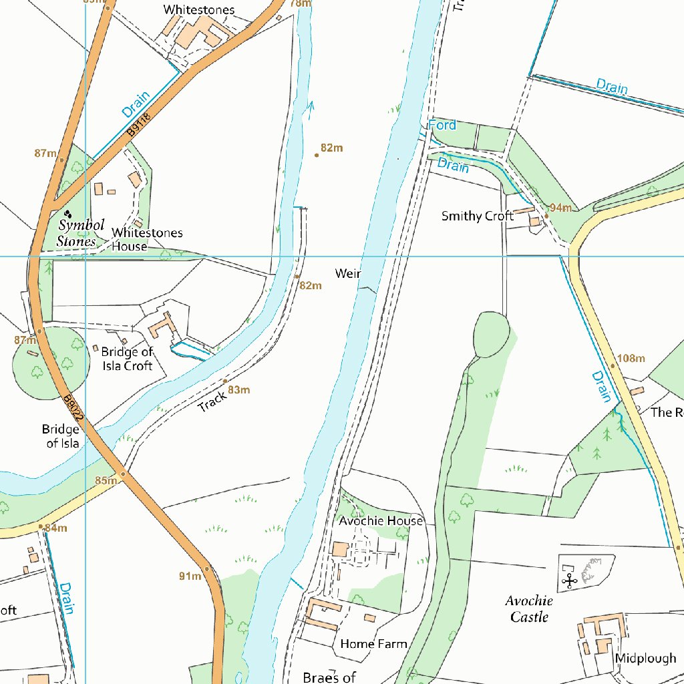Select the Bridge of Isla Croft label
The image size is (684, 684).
[127, 359]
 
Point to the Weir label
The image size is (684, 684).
[348, 274]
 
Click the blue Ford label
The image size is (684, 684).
[442, 126]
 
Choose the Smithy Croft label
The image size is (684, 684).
[477, 216]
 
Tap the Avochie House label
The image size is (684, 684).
[381, 521]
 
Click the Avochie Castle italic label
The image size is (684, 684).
[529, 609]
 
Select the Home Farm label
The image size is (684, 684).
[373, 644]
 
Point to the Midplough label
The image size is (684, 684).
[645, 659]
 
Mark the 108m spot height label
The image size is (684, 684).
[631, 359]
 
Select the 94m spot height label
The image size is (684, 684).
[560, 208]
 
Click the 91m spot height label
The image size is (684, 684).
[190, 576]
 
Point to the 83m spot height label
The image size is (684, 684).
[238, 390]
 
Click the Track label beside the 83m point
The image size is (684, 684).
[212, 401]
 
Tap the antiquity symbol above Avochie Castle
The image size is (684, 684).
[570, 581]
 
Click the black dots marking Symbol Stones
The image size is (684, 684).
[68, 214]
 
